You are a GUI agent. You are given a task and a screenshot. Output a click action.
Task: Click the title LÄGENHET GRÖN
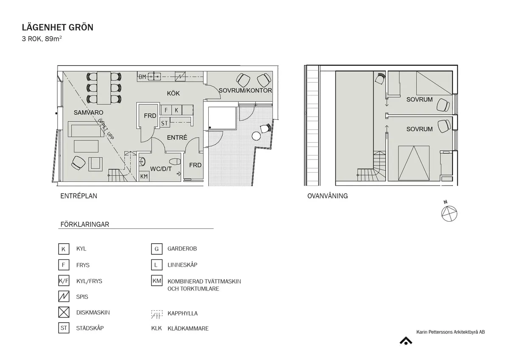[x=58, y=28]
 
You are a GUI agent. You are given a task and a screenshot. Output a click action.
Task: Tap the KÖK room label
[x=173, y=93]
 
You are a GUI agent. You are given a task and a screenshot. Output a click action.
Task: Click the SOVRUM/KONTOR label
[x=245, y=91]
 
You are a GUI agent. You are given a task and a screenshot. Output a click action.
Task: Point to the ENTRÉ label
[x=177, y=138]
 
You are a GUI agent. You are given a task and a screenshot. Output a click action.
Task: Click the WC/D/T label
[x=161, y=169]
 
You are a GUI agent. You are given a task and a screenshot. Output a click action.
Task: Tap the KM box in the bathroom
[x=144, y=176]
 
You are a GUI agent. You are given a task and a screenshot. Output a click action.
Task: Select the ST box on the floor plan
[x=165, y=123]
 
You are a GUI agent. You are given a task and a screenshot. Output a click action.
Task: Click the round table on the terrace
[x=256, y=136]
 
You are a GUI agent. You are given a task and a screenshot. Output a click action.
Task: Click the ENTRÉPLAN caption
[x=78, y=196]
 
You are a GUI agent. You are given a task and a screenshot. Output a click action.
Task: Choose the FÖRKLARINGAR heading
[x=84, y=225]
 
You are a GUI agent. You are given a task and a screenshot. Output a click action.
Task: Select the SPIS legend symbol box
[x=64, y=297]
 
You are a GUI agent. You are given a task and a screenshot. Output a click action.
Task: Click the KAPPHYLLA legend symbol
[x=157, y=314]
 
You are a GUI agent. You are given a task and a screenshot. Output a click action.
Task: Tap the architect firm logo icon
[x=406, y=340]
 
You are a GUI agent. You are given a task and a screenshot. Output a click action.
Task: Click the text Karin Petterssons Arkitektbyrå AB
[x=450, y=332]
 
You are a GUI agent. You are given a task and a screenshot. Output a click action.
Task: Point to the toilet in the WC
[x=174, y=162]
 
